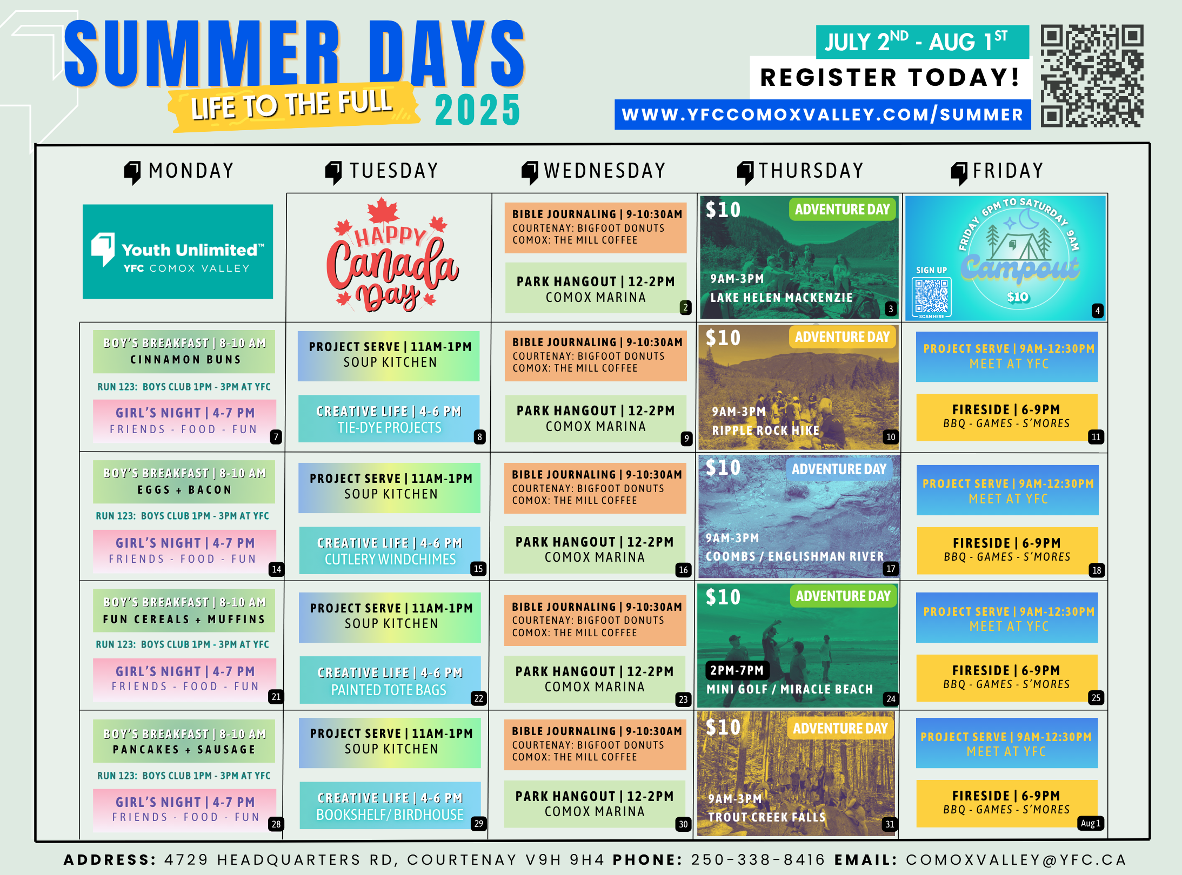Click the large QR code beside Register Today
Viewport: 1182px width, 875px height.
(1092, 76)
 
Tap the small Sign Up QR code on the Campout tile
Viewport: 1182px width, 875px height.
(931, 297)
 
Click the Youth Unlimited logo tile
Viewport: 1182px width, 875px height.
(178, 252)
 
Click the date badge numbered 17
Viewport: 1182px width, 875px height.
(891, 568)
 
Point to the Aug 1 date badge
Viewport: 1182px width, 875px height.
(1090, 823)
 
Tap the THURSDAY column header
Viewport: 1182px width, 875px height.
(800, 171)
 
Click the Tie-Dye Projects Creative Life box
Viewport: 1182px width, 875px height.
(389, 419)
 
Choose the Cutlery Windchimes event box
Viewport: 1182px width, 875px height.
(390, 550)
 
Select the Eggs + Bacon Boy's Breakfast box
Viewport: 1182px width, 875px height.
(184, 481)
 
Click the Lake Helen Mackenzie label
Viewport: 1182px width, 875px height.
(781, 298)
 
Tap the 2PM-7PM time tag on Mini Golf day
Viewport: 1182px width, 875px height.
(737, 670)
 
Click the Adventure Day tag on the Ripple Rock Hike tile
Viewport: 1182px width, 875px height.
(842, 337)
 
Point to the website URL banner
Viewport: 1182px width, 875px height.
(823, 115)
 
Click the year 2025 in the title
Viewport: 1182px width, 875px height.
(478, 110)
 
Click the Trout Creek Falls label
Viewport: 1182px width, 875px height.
(767, 817)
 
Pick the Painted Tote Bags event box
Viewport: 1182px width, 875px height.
(390, 680)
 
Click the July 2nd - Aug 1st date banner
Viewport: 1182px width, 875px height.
(923, 42)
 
